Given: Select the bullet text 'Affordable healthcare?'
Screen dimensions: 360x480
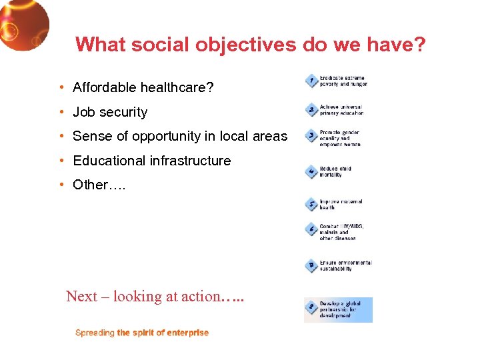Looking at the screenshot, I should coord(143,87).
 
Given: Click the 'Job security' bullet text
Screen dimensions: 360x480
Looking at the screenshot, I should coord(110,112).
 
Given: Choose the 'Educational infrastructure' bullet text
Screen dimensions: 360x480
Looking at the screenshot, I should coord(151,161).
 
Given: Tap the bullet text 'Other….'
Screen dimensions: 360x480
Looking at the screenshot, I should coord(99,185).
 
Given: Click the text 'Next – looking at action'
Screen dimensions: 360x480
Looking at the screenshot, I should coord(143,296).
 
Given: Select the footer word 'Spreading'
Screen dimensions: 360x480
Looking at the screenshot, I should coord(95,333).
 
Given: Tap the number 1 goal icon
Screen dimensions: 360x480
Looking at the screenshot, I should coord(311,81).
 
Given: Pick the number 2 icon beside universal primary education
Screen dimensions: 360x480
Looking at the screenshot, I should coord(311,109).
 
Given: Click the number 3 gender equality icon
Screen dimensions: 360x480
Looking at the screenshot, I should coord(311,137).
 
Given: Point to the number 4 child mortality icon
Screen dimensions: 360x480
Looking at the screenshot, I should coord(311,171).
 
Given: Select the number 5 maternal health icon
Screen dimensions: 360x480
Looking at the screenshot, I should coord(311,204).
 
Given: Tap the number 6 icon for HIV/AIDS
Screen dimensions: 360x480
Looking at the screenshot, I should coord(311,230).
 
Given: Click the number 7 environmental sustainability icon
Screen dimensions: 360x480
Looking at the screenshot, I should coord(311,265).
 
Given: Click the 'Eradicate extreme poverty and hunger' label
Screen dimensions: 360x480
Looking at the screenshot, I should coord(343,81).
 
